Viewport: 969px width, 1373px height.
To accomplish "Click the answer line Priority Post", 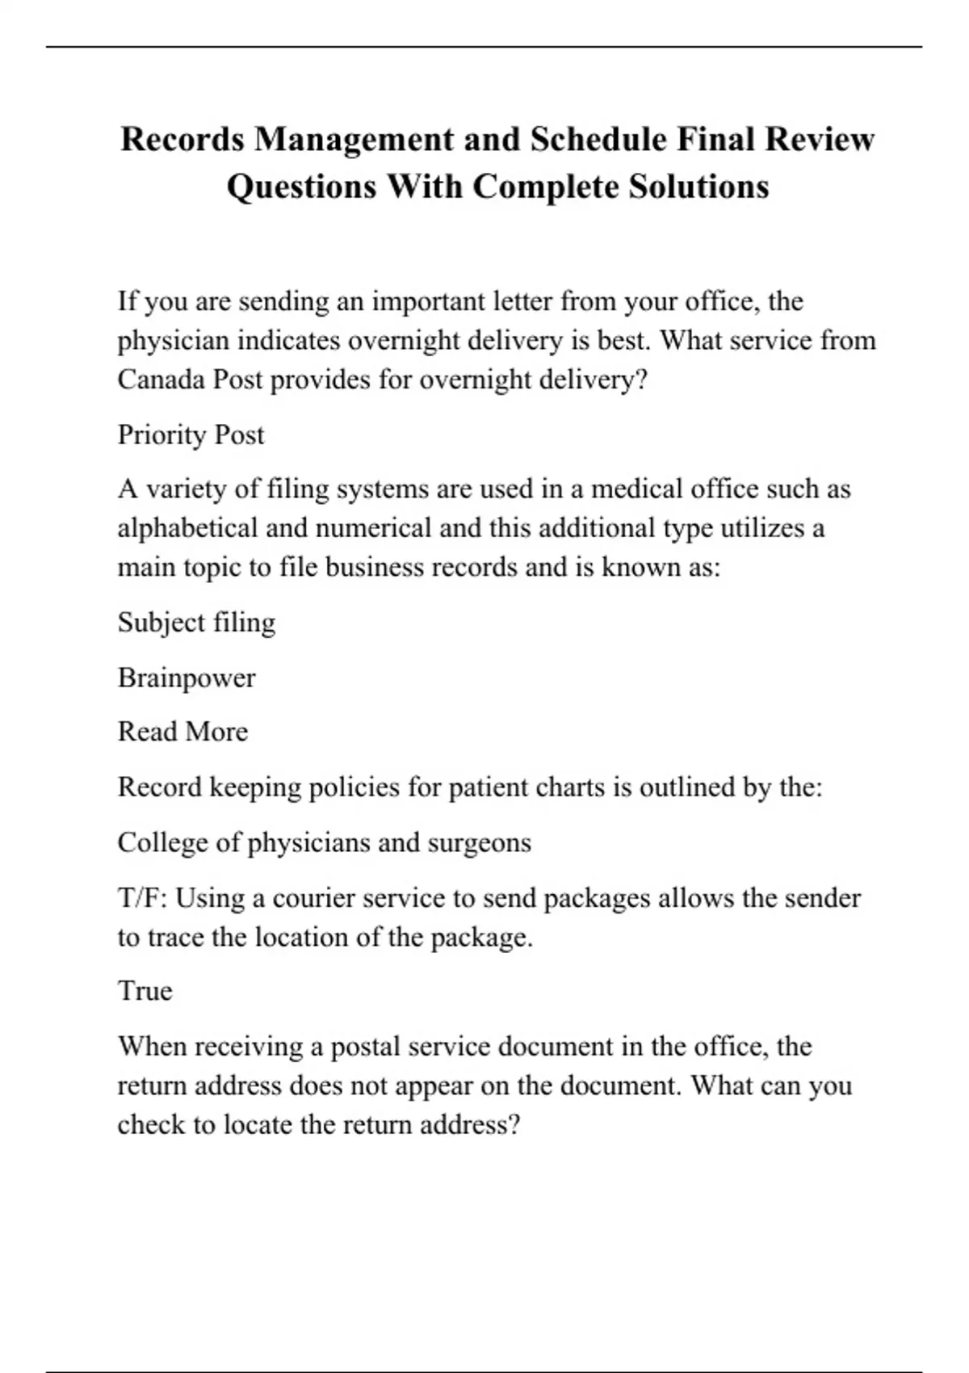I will click(191, 435).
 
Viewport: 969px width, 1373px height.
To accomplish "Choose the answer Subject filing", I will click(196, 623).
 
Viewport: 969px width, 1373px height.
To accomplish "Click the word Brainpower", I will click(187, 678).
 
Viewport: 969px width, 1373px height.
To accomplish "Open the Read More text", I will click(182, 732).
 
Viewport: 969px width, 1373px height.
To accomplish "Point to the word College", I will click(162, 842).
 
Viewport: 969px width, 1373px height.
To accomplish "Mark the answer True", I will click(145, 991).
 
